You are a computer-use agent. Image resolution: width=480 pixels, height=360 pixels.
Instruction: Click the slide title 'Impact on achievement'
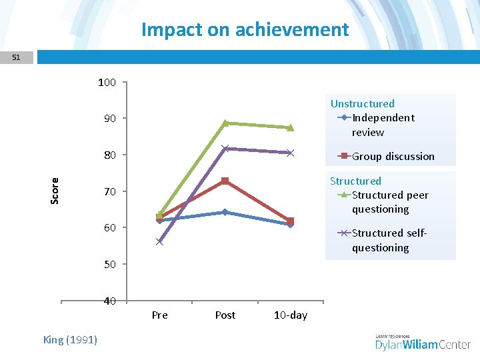(x=245, y=29)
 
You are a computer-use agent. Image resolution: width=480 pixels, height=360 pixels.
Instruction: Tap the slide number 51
(x=16, y=58)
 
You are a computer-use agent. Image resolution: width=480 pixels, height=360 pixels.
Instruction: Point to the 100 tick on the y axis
(x=107, y=83)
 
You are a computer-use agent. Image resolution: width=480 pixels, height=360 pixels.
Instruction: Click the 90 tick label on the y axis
(x=109, y=119)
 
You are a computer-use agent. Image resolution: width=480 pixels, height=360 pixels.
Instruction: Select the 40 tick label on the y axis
(x=109, y=301)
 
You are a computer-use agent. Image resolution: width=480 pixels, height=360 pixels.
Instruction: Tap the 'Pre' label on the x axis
(x=159, y=315)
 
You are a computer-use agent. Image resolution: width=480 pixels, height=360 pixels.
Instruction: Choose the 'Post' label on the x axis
(x=225, y=315)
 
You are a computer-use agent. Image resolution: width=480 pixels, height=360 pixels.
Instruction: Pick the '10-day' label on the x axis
(x=290, y=315)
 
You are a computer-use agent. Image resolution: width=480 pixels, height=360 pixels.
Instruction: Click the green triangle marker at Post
(x=225, y=123)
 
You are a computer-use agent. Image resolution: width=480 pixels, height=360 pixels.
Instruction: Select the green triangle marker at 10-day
(x=290, y=127)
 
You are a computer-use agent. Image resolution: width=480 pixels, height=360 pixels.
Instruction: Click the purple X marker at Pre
(x=159, y=241)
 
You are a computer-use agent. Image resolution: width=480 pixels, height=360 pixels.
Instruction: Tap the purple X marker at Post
(x=225, y=148)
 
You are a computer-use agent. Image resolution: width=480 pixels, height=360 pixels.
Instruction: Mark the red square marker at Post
(x=225, y=181)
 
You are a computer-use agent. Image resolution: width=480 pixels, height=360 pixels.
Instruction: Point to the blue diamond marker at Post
(x=225, y=212)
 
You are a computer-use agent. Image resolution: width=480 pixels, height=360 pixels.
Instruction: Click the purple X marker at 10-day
(x=290, y=153)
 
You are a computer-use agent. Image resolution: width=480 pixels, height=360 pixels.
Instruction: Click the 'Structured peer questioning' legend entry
(x=389, y=202)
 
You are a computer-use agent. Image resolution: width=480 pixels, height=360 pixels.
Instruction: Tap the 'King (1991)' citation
(x=70, y=340)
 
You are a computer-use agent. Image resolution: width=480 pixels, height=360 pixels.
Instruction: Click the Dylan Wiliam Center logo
(x=423, y=343)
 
